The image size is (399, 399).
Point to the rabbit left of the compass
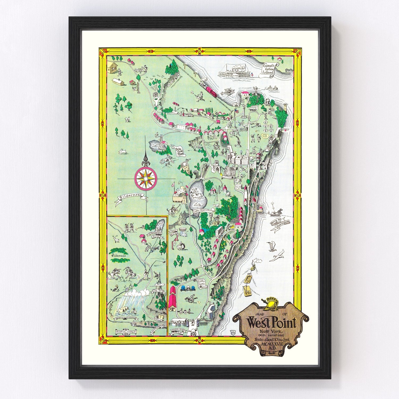click(x=123, y=152)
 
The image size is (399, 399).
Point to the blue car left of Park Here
click(x=183, y=288)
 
